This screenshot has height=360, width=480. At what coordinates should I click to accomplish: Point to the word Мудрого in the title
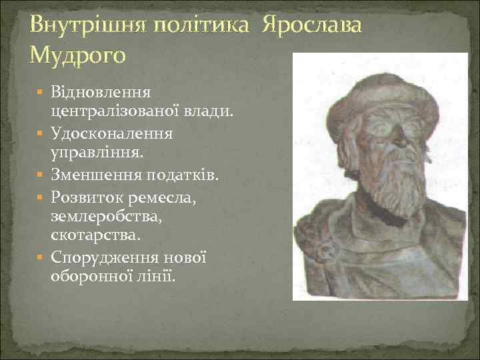point(77,54)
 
